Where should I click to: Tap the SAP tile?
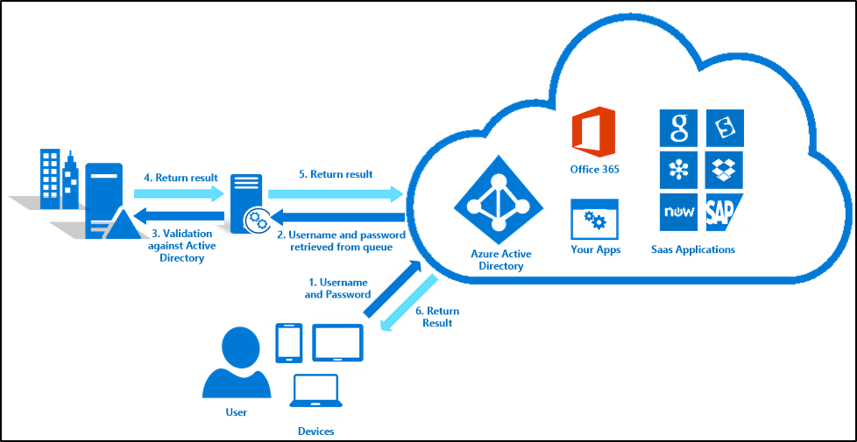(725, 212)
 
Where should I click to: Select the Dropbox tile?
(725, 170)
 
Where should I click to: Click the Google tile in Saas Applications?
(678, 128)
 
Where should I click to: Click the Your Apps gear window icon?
(595, 219)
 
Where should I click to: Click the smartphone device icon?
(289, 343)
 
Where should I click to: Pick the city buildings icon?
(59, 179)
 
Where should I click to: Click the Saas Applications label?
(693, 249)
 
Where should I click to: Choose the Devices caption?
(315, 431)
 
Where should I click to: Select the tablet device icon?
(336, 342)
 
